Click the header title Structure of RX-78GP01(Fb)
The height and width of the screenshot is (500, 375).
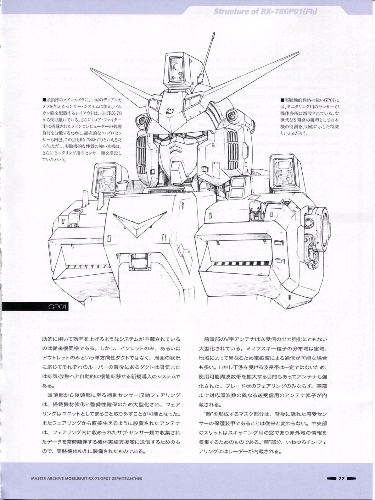[265, 12]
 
